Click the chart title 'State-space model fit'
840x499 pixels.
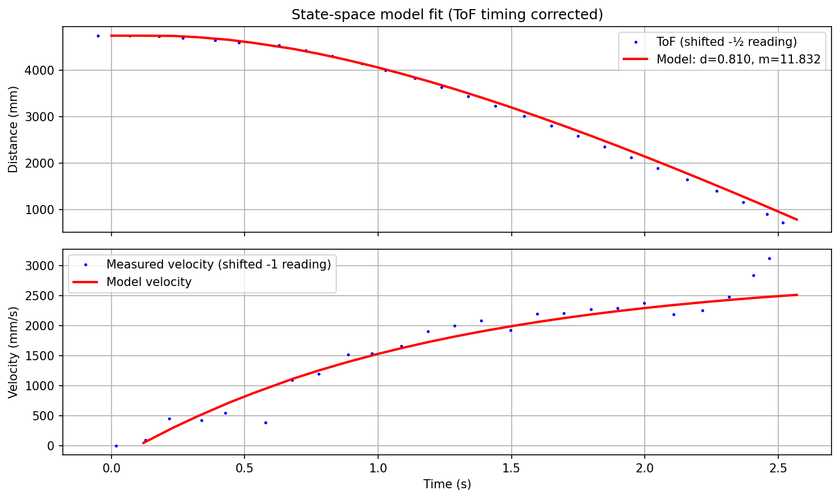447,15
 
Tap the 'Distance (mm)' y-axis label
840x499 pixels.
14,129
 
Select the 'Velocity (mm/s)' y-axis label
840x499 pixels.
14,352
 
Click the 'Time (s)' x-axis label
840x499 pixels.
447,484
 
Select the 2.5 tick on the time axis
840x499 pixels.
778,468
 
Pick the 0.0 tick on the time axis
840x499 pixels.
111,468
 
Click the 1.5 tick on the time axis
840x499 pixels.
511,468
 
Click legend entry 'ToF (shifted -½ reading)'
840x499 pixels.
726,42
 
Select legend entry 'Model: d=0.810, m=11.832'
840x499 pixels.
738,59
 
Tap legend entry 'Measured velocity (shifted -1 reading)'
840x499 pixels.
218,265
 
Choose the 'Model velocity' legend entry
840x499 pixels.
149,282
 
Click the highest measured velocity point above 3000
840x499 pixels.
769,258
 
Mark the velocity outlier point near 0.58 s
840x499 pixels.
265,423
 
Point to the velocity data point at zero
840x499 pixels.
116,446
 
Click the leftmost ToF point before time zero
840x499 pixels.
98,36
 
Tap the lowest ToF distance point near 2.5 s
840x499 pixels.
783,223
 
